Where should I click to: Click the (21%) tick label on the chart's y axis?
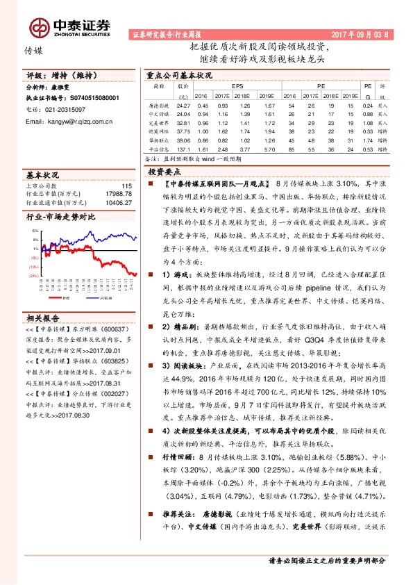pos(32,275)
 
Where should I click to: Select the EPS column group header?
pos(242,85)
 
